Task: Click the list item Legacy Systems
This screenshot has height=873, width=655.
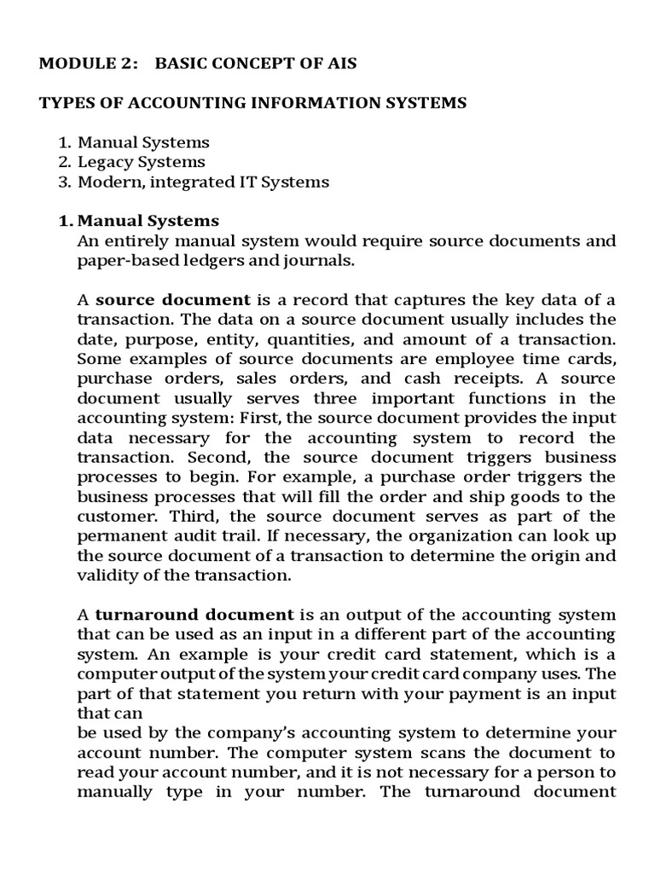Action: (x=142, y=162)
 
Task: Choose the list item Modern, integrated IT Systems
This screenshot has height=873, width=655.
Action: (x=203, y=182)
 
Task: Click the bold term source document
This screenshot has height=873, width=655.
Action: (x=173, y=300)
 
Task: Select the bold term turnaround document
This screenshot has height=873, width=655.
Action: (x=194, y=615)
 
